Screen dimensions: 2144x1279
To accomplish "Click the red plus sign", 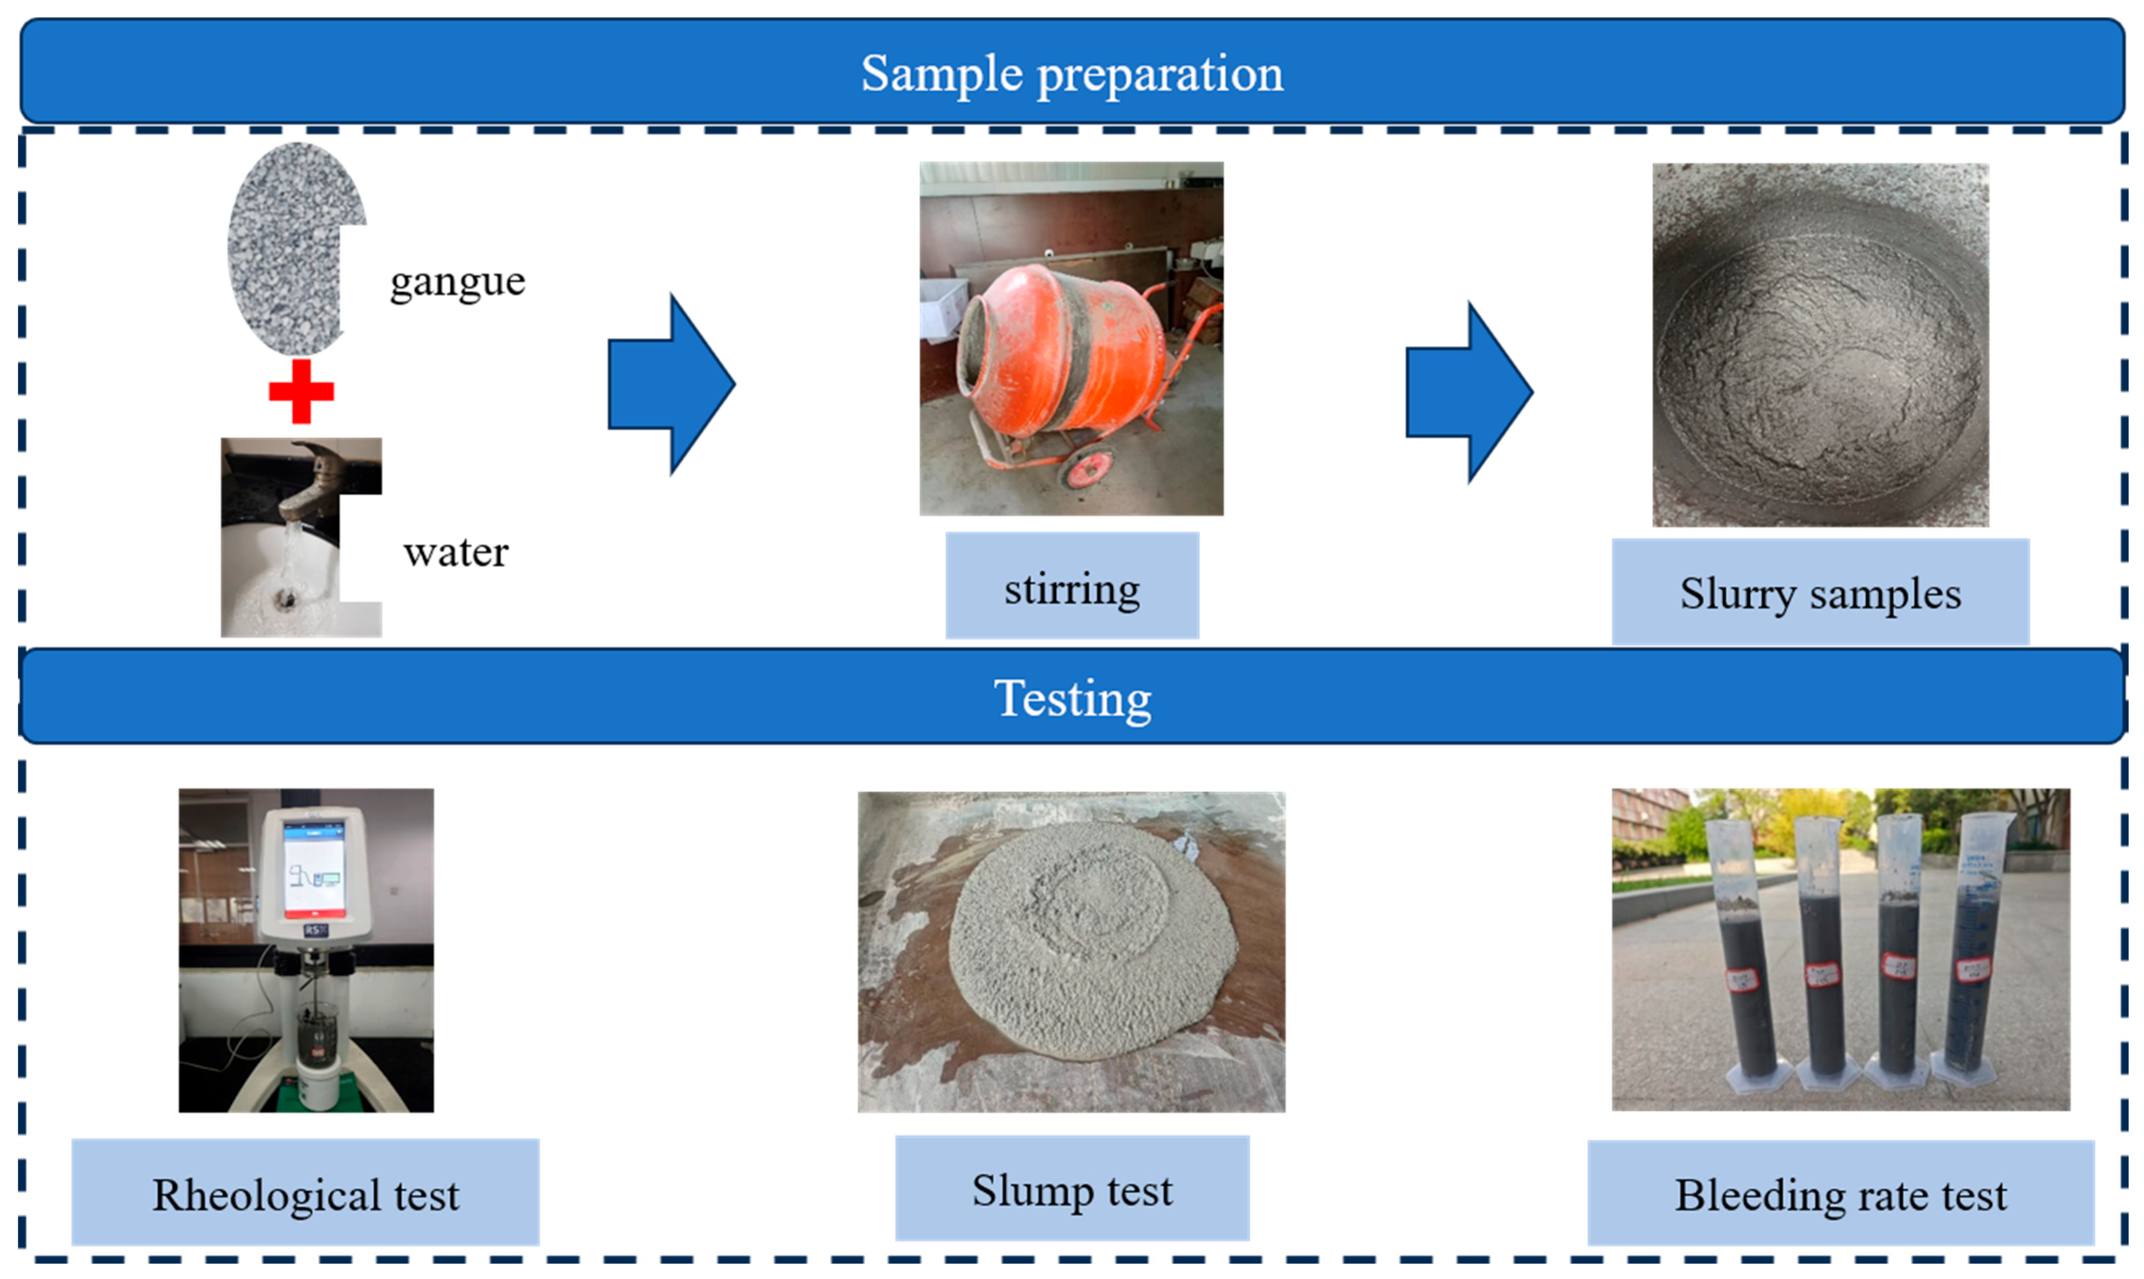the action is point(301,391).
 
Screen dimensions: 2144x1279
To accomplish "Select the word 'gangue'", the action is point(457,281).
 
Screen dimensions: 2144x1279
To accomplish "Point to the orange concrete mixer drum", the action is point(1069,345).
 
